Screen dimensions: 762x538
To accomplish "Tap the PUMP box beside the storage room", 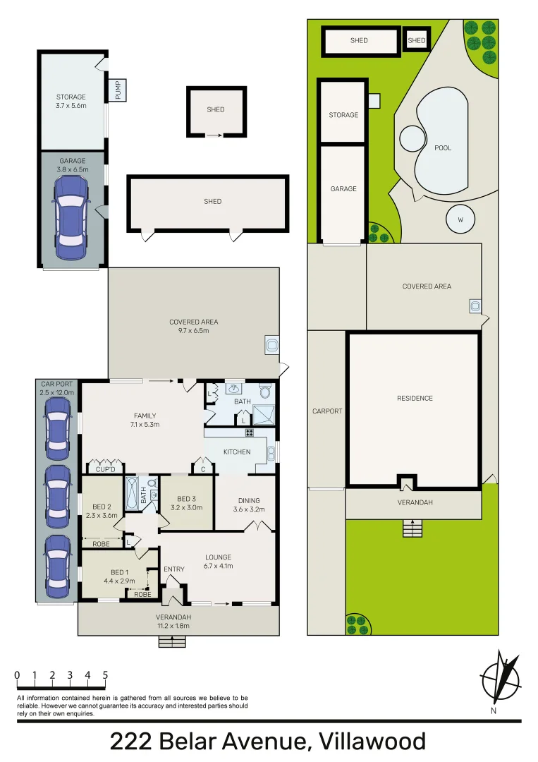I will [x=118, y=90].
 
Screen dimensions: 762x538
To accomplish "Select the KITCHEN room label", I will [x=237, y=452].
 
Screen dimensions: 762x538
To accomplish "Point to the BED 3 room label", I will [x=186, y=502].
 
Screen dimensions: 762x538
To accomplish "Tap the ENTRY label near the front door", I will [x=173, y=569].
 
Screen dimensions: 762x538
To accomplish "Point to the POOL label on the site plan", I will [x=443, y=148].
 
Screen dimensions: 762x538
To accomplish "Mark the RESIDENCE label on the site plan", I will [x=415, y=398].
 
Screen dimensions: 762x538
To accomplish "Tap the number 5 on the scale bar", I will [x=105, y=675].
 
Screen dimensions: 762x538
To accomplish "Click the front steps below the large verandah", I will [x=172, y=641].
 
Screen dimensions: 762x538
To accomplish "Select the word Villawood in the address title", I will [x=372, y=742].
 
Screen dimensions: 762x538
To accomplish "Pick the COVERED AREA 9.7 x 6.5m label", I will [x=193, y=326].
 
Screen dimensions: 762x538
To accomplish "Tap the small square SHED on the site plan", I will [x=417, y=40].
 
